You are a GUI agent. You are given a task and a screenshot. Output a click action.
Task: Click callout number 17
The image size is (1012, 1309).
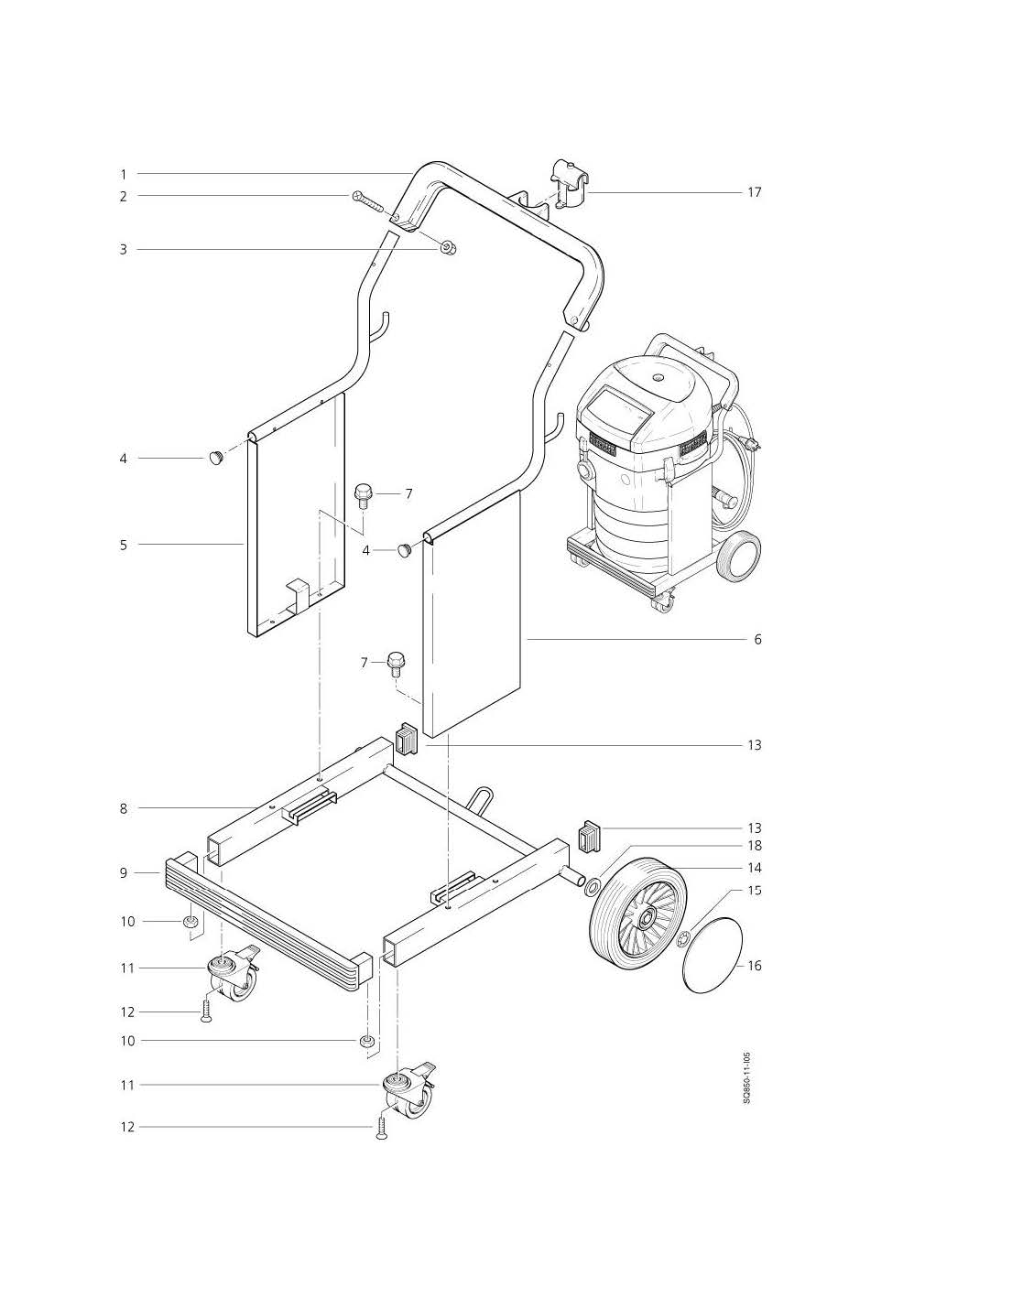(754, 192)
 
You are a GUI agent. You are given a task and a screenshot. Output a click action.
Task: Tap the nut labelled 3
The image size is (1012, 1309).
(449, 247)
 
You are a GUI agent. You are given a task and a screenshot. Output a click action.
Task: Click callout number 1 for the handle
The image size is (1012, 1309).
(123, 173)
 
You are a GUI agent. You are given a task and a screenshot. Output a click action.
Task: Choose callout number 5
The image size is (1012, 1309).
(123, 545)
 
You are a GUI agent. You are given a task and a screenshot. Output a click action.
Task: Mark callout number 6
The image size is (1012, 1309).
(757, 639)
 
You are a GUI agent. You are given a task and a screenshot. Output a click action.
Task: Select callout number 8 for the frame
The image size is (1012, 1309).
(123, 808)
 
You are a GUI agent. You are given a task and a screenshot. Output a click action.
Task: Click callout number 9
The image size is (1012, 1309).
(123, 873)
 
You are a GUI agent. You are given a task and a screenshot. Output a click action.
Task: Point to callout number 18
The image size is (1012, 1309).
(755, 846)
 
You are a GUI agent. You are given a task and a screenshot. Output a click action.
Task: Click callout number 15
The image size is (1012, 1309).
(755, 890)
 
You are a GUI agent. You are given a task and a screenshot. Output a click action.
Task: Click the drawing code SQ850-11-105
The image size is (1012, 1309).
(746, 1078)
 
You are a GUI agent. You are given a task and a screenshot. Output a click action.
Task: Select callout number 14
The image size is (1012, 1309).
(755, 868)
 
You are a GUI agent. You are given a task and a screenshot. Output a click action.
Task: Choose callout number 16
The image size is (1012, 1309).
(755, 966)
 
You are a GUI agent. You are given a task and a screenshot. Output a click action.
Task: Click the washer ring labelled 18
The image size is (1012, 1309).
(593, 885)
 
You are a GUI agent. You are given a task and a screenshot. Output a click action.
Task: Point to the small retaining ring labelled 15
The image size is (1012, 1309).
(682, 937)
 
